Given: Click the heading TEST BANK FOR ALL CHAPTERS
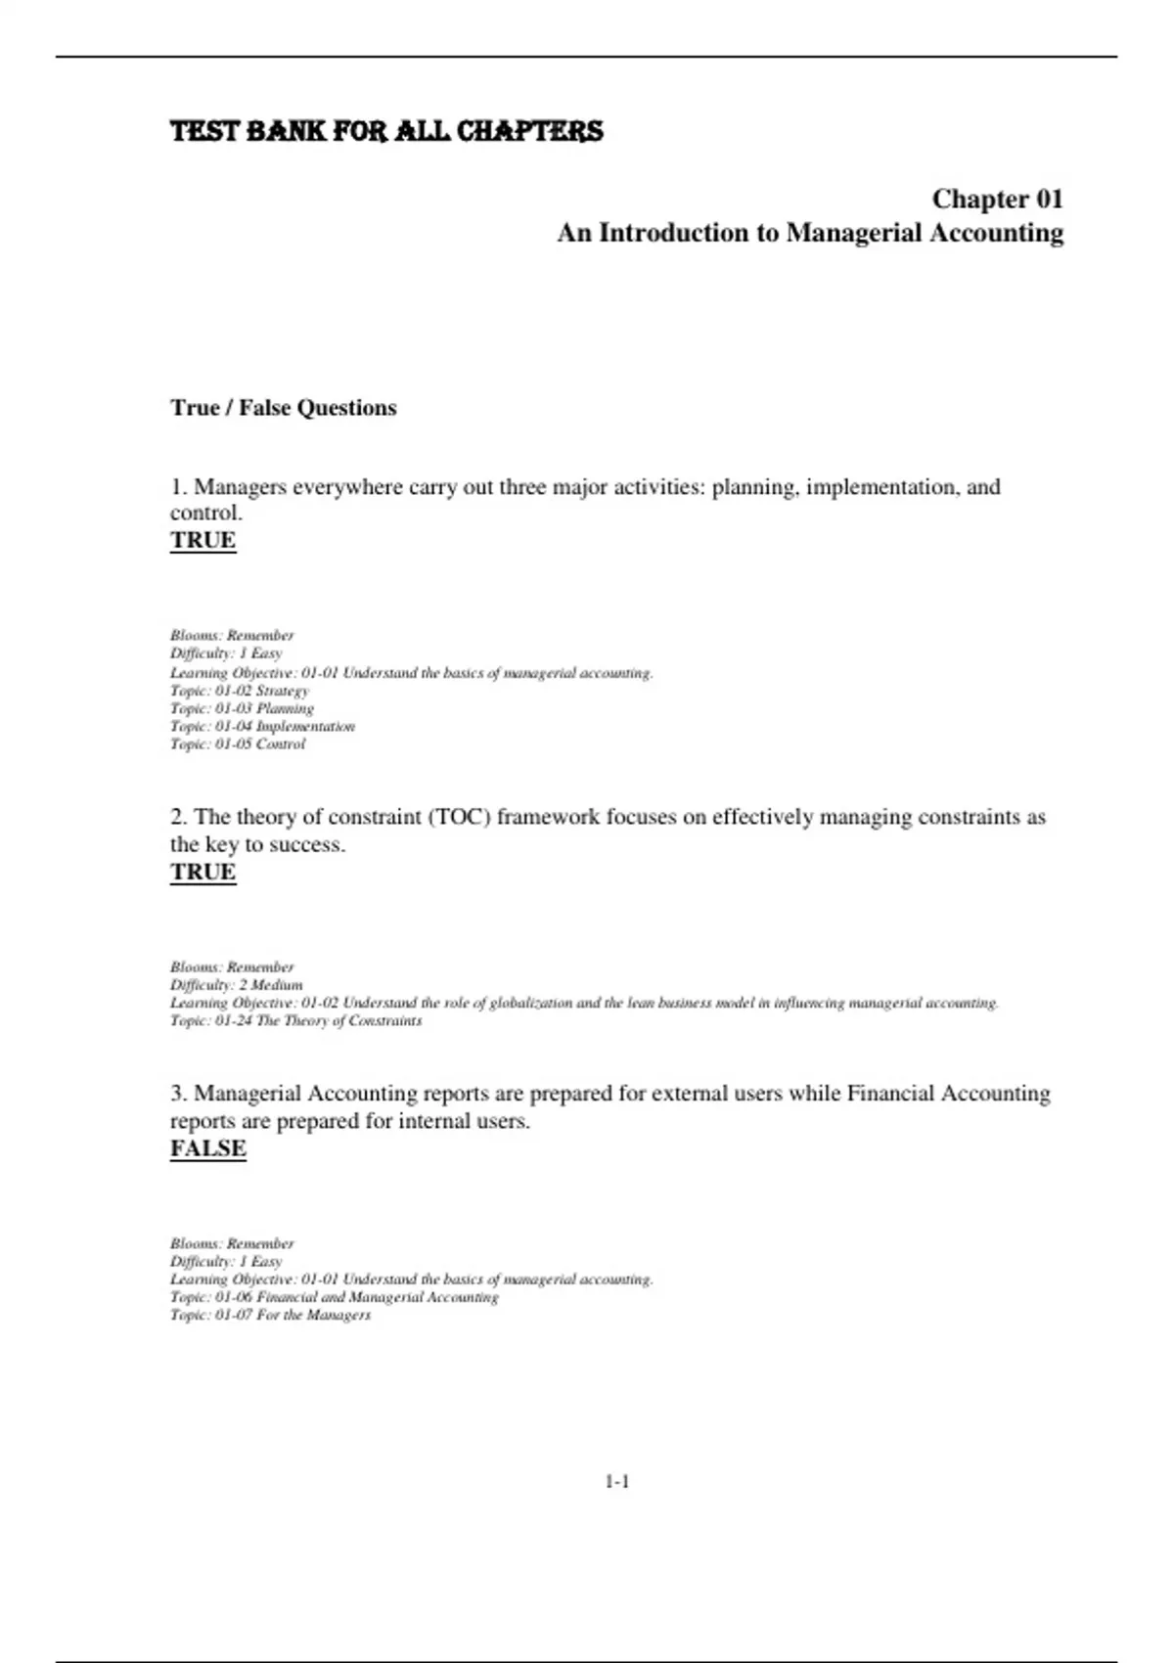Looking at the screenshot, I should [x=386, y=131].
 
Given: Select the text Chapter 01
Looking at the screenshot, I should [x=997, y=200].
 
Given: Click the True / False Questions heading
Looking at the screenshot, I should [x=284, y=408].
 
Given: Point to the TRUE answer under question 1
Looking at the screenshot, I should [x=203, y=540].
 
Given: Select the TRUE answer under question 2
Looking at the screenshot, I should [x=203, y=872].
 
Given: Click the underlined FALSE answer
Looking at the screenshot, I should [x=208, y=1148].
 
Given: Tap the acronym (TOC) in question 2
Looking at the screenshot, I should [x=459, y=817].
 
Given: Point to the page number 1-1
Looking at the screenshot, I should [x=616, y=1482].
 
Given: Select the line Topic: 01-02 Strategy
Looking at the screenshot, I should [x=240, y=691].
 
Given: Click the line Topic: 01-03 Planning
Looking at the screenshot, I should [x=242, y=708].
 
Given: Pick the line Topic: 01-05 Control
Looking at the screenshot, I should [x=238, y=743].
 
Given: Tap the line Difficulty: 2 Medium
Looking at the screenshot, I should [x=237, y=985].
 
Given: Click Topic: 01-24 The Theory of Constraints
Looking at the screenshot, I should [x=296, y=1020].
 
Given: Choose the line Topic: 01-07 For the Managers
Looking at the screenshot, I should [x=270, y=1315].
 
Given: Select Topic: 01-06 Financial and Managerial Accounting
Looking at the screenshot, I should [x=335, y=1297].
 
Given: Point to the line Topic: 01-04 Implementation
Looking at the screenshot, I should [x=262, y=726].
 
